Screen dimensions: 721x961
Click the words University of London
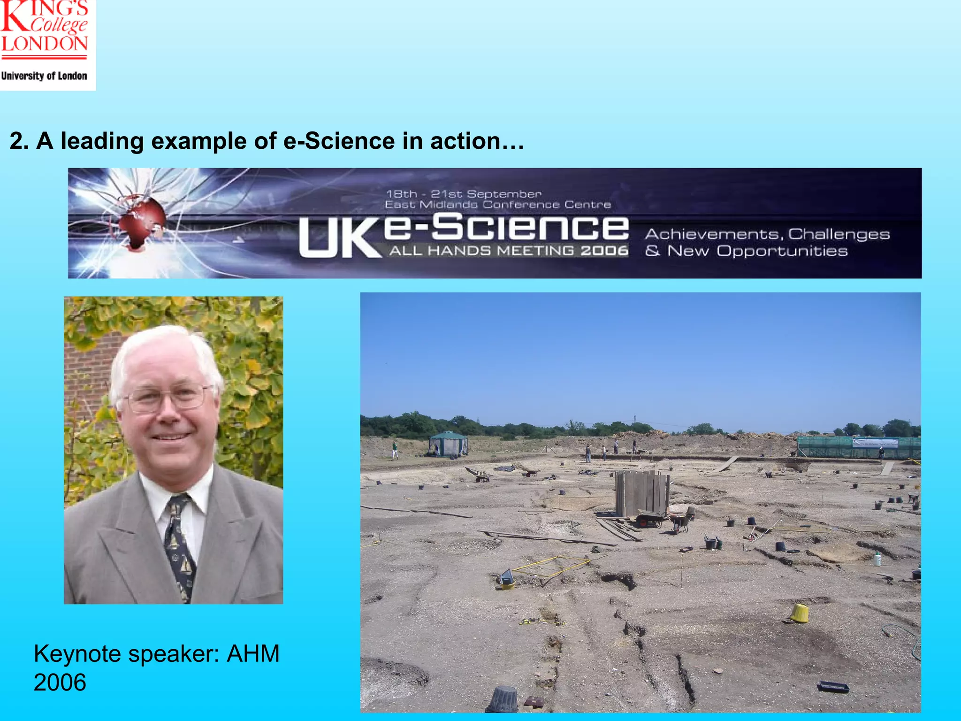coord(44,76)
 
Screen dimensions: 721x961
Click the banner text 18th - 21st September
coord(464,194)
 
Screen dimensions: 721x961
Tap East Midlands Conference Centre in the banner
coord(498,205)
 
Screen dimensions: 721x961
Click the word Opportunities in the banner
coord(782,251)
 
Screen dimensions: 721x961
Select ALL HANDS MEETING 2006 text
coord(509,251)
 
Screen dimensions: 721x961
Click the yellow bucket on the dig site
coord(800,613)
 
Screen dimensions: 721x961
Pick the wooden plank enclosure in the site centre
coord(642,493)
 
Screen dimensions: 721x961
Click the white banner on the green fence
coord(875,443)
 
